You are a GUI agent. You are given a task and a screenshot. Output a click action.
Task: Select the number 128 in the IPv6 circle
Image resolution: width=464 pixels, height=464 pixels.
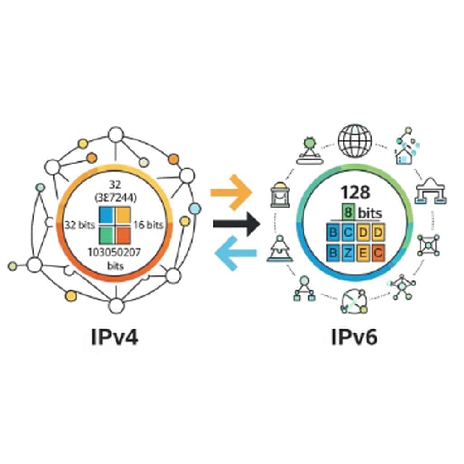349,191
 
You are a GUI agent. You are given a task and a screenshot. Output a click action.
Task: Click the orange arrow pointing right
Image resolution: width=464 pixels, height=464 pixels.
231,193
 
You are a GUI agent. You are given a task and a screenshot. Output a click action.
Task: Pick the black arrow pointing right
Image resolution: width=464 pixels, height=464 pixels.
236,223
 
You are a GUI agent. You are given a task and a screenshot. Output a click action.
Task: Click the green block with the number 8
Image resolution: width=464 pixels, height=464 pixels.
348,212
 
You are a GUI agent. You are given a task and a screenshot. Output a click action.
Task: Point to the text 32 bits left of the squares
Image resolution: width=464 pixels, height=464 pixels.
80,225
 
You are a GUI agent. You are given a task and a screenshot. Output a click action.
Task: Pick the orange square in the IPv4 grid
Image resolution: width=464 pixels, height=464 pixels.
124,234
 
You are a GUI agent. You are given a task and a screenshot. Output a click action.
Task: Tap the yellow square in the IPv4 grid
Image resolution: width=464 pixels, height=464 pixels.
124,216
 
